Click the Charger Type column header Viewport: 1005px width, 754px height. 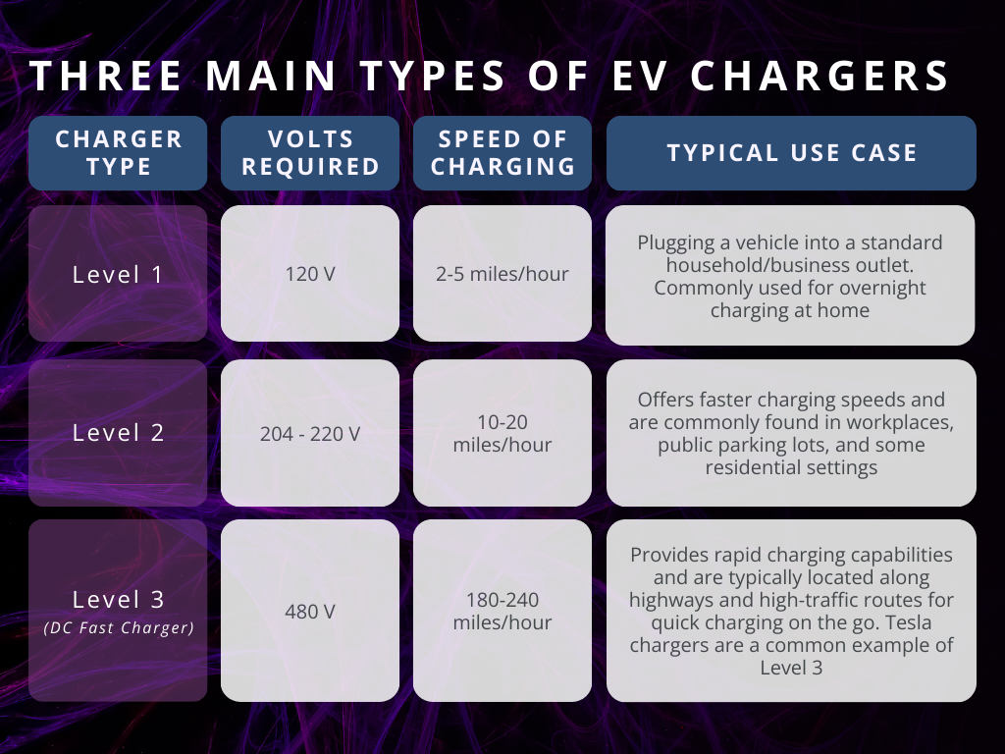[x=118, y=153]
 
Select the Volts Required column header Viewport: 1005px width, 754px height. [x=310, y=153]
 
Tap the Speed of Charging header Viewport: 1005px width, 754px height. [x=502, y=153]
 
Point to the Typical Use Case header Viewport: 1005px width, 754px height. [x=791, y=153]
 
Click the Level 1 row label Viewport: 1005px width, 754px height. [x=118, y=274]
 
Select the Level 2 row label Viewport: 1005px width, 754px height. [x=118, y=432]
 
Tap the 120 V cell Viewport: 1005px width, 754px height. [x=310, y=274]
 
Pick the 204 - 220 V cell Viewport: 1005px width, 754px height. [x=310, y=432]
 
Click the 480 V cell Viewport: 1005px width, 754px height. [x=310, y=611]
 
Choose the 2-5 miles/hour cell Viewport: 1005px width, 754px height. [x=502, y=274]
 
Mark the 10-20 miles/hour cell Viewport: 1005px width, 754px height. [x=502, y=432]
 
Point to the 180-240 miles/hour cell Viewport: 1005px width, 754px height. [x=502, y=611]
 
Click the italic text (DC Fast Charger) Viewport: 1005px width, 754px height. [x=118, y=628]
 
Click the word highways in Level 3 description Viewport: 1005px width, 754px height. [x=669, y=600]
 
